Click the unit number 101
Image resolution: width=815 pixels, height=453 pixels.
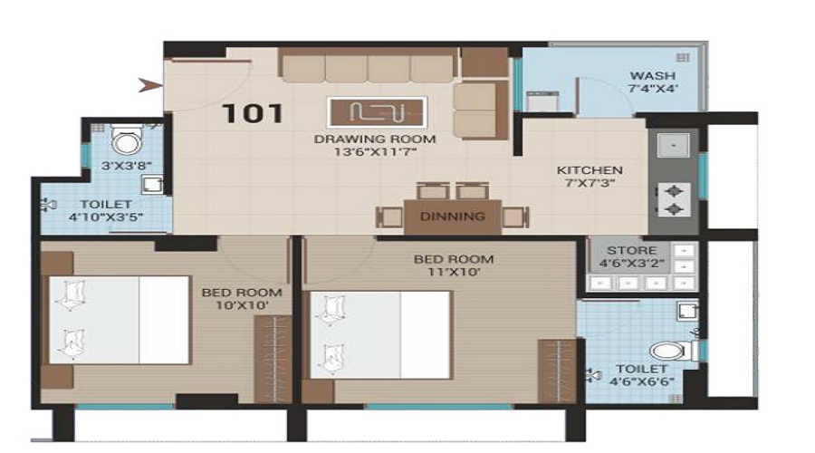[x=253, y=113]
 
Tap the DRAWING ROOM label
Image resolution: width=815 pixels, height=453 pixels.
[x=375, y=139]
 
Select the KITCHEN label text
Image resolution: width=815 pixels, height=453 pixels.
[x=590, y=170]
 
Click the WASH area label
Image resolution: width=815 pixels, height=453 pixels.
[x=652, y=76]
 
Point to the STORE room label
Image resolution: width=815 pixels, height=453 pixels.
[x=631, y=250]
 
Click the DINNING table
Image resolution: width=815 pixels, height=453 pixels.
[x=452, y=217]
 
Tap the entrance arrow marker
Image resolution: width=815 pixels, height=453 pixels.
[x=150, y=85]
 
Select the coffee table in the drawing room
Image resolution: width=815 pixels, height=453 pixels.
[x=378, y=112]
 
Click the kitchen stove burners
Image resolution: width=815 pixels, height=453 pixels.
[x=674, y=199]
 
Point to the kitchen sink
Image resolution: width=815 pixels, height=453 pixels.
[x=674, y=145]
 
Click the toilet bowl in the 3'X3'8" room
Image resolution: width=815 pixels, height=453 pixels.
[x=126, y=139]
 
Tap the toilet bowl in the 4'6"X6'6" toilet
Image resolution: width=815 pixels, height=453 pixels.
[x=670, y=351]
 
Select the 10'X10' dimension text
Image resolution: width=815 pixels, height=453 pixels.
[x=242, y=305]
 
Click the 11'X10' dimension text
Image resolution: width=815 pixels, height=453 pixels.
[x=454, y=272]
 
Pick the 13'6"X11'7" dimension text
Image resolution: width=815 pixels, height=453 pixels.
[x=375, y=152]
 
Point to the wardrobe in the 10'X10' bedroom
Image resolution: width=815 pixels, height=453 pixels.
[x=273, y=359]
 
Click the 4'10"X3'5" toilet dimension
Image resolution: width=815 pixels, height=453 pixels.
[x=106, y=217]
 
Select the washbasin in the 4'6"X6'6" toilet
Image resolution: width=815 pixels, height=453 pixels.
[x=687, y=311]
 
